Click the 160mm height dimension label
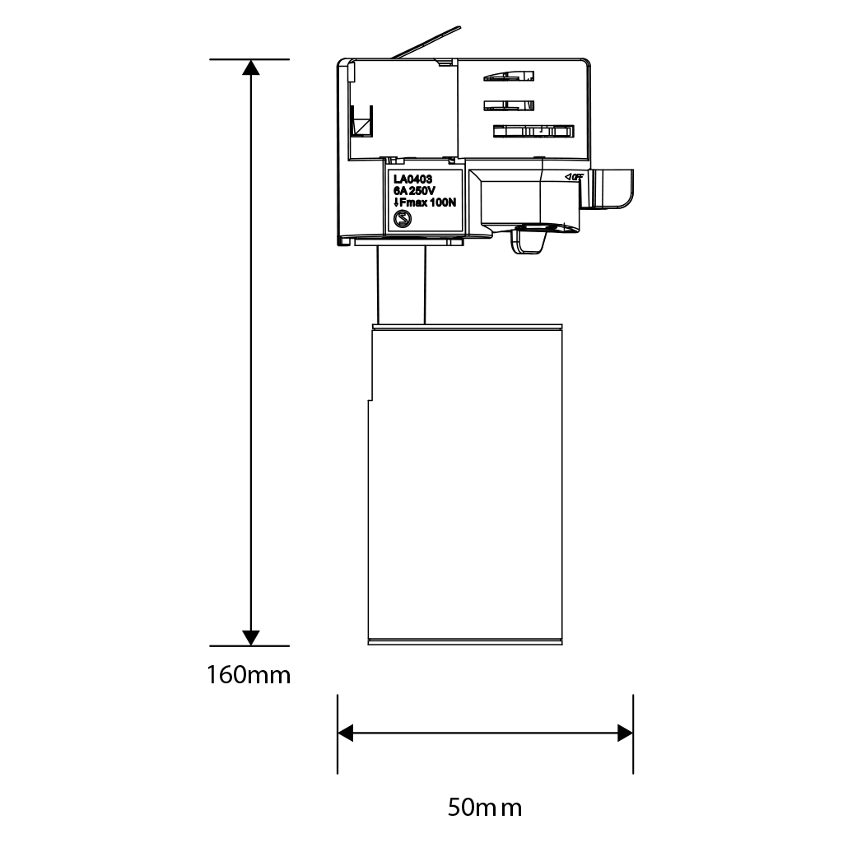(x=249, y=675)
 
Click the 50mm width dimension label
(x=485, y=807)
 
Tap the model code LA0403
(x=412, y=179)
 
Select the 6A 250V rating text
(x=414, y=191)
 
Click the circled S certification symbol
(x=402, y=219)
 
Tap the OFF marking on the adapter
(x=574, y=177)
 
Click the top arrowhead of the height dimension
(x=250, y=67)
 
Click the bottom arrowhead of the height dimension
(x=250, y=638)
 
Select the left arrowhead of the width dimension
(x=345, y=733)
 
